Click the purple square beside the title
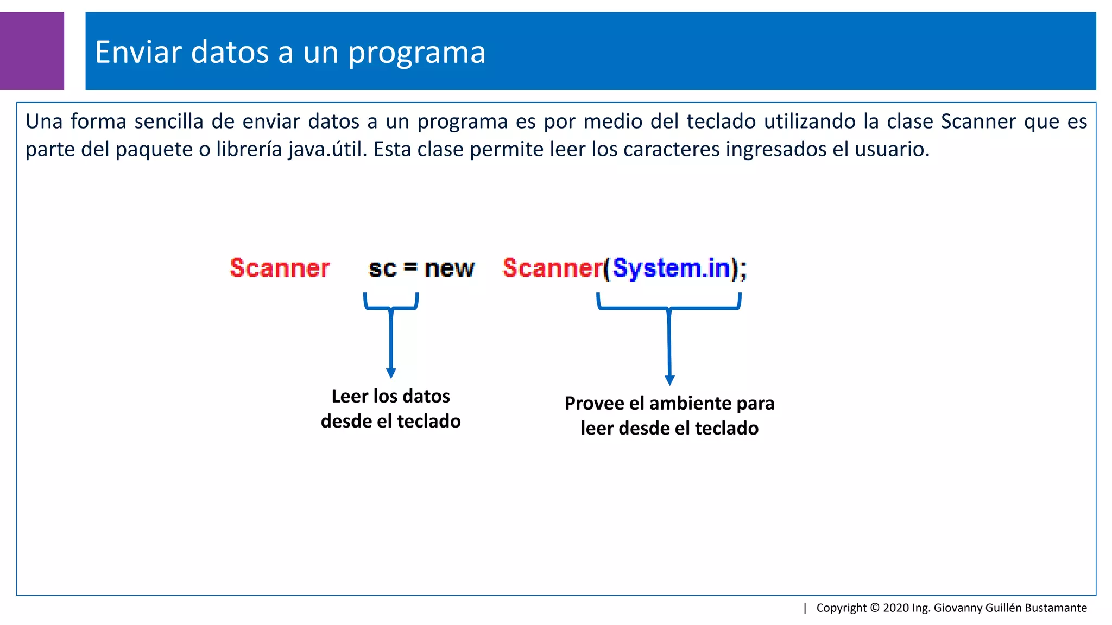31,50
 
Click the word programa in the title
416,53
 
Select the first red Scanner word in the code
280,268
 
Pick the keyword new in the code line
449,269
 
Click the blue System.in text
672,268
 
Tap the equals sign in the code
410,267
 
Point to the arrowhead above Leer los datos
391,373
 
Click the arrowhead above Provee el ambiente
669,380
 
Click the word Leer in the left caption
350,396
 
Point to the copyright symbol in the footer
874,608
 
